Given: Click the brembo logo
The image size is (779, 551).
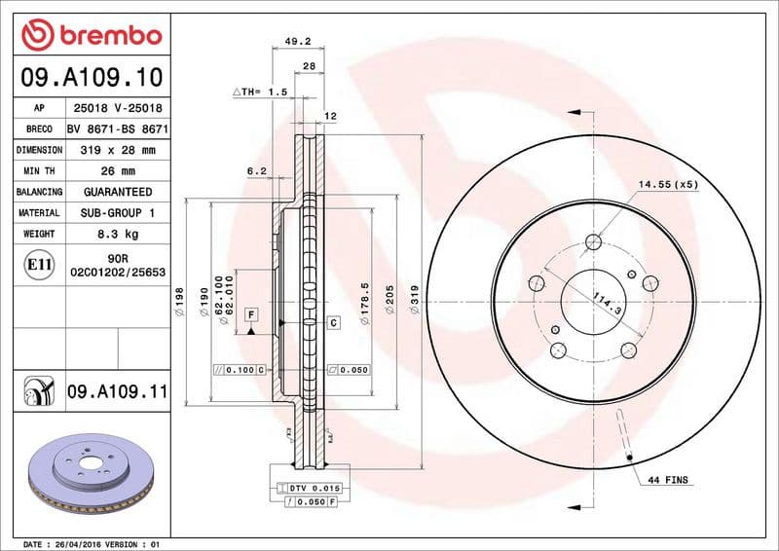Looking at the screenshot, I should coord(91,36).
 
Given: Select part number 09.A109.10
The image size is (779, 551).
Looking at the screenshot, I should coord(91,76).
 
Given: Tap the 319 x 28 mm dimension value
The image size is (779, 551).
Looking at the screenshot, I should coord(117,150).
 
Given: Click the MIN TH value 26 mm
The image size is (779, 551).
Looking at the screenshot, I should coord(117,171).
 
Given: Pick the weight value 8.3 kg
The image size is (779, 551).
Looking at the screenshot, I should coord(117,234).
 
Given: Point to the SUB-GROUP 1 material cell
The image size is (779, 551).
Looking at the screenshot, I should coord(117,212).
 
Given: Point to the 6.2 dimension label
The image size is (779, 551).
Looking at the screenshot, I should coord(256,170).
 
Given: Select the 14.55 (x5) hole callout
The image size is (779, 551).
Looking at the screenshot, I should coord(668,184).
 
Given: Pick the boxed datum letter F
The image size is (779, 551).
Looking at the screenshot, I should coord(251,314).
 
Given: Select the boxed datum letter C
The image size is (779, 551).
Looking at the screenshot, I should coord(332,322).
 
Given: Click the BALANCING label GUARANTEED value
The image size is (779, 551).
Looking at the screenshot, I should coord(117,192).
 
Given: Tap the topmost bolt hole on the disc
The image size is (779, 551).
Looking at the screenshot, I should coord(594,243).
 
